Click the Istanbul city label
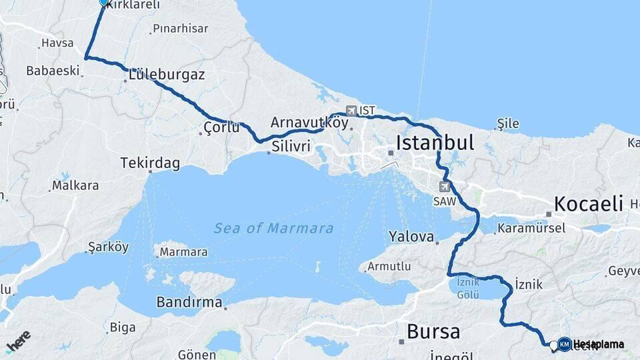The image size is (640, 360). (x=435, y=143)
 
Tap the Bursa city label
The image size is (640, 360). (x=433, y=331)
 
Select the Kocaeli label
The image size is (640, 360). (x=588, y=203)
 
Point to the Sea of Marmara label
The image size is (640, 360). (x=273, y=229)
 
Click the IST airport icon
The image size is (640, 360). (x=351, y=110)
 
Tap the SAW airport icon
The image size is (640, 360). (x=445, y=187)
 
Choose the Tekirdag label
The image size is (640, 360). (x=150, y=163)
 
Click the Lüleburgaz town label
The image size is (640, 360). (x=167, y=75)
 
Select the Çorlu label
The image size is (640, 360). (x=221, y=127)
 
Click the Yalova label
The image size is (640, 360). (x=412, y=237)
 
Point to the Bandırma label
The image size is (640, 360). (x=189, y=302)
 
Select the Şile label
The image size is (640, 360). (x=507, y=123)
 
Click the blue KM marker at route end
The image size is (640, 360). (x=564, y=344)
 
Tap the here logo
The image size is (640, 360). (x=18, y=340)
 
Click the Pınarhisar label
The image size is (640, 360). (x=180, y=29)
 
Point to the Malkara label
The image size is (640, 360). (x=75, y=185)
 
